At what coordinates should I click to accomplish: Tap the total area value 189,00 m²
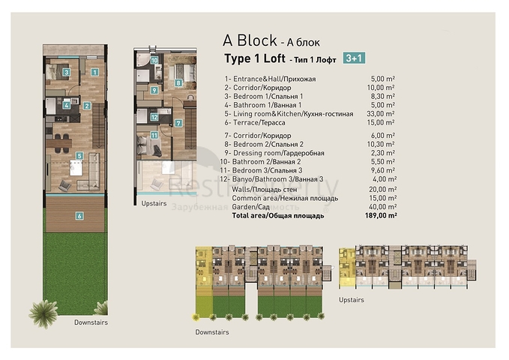point(382,214)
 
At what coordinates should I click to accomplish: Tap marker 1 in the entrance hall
point(95,72)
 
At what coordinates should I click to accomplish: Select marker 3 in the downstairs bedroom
point(66,73)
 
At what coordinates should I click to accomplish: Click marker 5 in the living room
point(79,156)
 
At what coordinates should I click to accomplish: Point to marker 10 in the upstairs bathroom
point(154,61)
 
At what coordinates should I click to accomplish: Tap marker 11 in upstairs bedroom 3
point(153,136)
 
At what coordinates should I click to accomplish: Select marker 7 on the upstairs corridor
point(178,122)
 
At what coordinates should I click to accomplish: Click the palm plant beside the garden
point(43,313)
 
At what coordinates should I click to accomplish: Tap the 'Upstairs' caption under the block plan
point(351,299)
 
